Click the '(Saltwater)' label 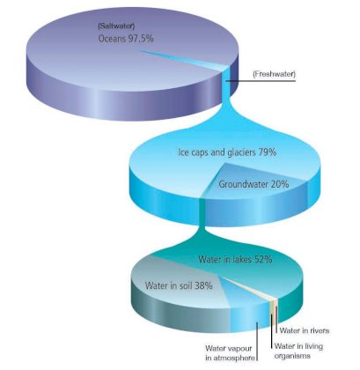pos(116,26)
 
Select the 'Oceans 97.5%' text pos(126,39)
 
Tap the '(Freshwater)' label pos(274,74)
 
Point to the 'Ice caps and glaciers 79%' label pos(227,152)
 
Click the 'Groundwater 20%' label pos(253,184)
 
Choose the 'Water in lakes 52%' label pos(235,259)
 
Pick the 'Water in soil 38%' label pos(179,285)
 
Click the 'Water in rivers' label pos(305,330)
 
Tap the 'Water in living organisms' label pos(298,351)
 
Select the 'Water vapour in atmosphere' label pos(230,353)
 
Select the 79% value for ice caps pos(268,152)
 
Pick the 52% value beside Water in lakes pos(263,259)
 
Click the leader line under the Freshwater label pos(261,80)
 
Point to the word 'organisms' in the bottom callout pos(292,356)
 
